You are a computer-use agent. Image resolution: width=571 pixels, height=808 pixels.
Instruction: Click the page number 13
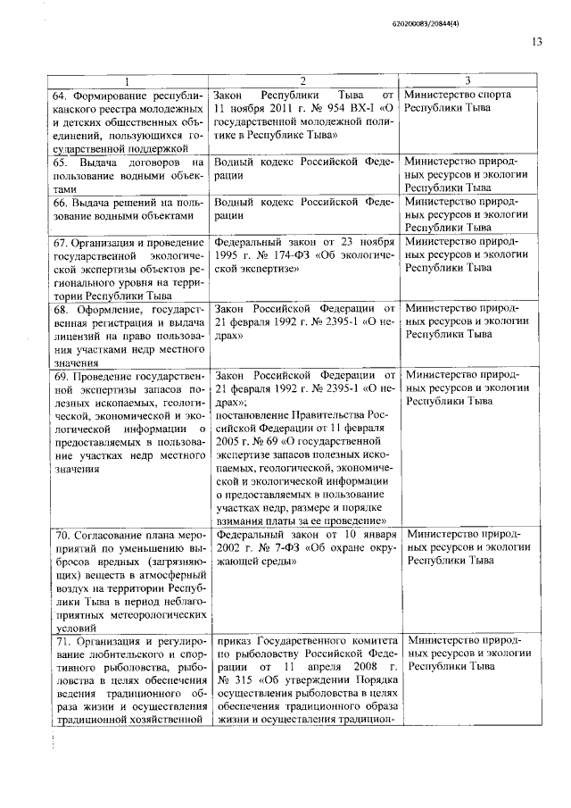(x=536, y=41)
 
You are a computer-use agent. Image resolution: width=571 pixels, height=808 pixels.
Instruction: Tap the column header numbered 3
(x=467, y=80)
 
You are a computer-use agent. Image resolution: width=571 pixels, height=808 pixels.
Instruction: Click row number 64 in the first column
(x=61, y=95)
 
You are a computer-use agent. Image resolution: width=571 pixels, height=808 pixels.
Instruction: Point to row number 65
(x=61, y=162)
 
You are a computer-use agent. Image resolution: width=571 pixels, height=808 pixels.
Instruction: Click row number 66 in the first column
(x=61, y=203)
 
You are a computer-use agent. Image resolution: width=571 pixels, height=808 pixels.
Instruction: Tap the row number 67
(x=61, y=242)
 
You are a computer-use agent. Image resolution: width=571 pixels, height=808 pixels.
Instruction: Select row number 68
(x=61, y=310)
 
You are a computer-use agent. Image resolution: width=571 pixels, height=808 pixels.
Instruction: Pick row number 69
(x=61, y=375)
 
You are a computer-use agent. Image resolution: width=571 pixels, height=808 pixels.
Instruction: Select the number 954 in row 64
(x=313, y=108)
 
